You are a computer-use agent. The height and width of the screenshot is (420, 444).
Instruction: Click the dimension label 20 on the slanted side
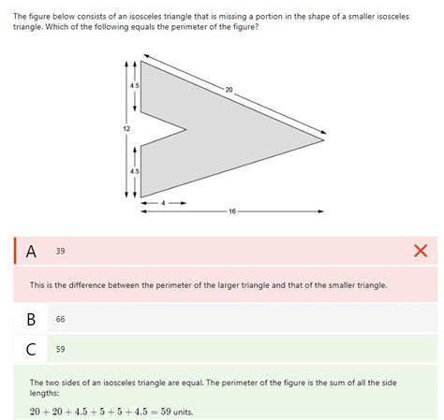tap(229, 89)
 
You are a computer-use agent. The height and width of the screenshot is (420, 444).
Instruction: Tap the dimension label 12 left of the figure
tap(126, 127)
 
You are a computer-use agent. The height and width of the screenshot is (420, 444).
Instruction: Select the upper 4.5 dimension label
tap(135, 85)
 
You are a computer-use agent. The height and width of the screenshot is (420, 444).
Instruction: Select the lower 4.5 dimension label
tap(135, 171)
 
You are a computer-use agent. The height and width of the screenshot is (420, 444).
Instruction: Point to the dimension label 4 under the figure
tap(163, 202)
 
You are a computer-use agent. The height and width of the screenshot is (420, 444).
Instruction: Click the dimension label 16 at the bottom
tap(231, 210)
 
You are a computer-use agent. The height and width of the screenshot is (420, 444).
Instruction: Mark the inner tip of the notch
tap(186, 129)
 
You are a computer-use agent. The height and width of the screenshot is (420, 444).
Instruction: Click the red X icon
tap(420, 251)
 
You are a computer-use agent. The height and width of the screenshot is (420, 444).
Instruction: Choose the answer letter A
tap(31, 251)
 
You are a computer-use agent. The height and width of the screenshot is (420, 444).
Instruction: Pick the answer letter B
tap(31, 319)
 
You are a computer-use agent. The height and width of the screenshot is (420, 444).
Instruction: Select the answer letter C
tap(31, 350)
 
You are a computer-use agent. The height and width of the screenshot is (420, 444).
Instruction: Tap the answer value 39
tap(61, 251)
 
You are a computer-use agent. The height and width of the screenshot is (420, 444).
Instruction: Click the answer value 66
tap(61, 319)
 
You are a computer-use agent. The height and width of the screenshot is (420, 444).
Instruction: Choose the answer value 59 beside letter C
tap(61, 350)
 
